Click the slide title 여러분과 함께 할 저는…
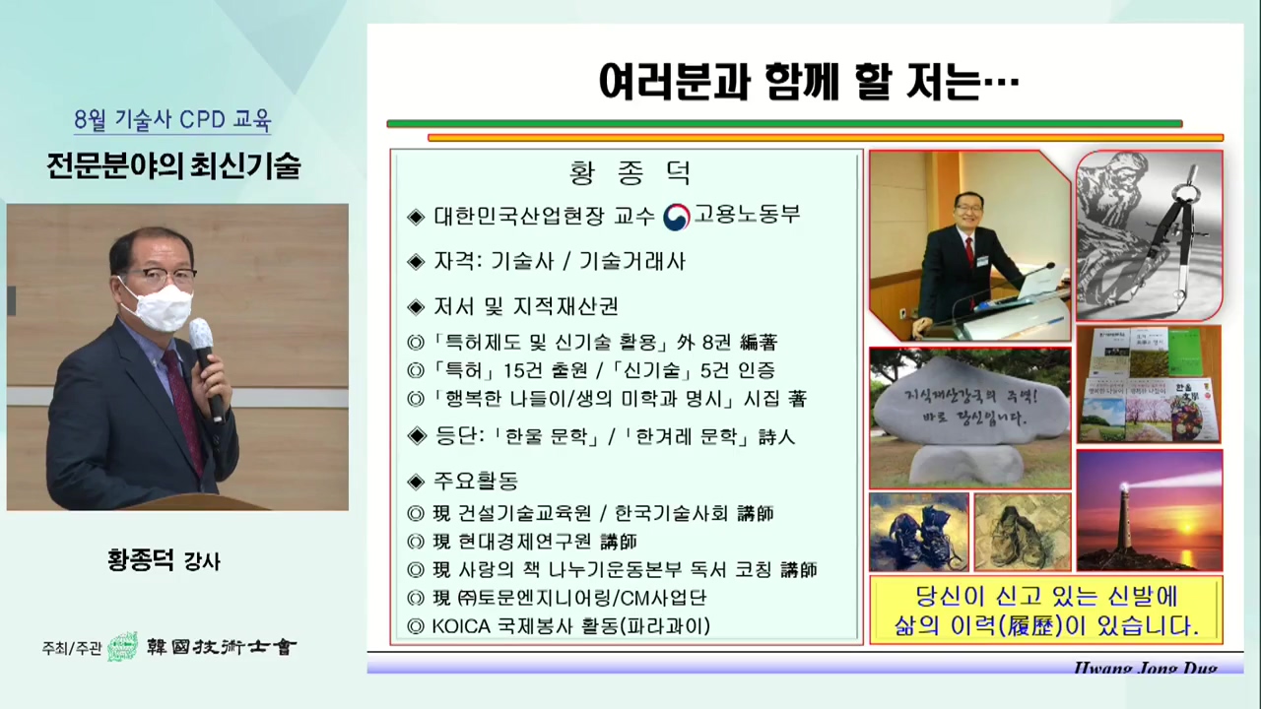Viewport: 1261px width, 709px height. pyautogui.click(x=808, y=83)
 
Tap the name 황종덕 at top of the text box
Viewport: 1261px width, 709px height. pyautogui.click(x=630, y=174)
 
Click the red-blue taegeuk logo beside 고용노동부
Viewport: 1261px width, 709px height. pyautogui.click(x=677, y=217)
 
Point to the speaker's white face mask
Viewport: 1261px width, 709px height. pyautogui.click(x=158, y=305)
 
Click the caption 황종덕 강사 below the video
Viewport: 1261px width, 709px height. pyautogui.click(x=164, y=561)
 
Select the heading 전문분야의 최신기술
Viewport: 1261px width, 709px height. pyautogui.click(x=173, y=165)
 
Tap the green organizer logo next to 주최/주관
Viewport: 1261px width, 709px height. pyautogui.click(x=122, y=647)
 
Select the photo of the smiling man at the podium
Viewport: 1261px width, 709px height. pyautogui.click(x=969, y=246)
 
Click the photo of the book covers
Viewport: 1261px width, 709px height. pyautogui.click(x=1149, y=385)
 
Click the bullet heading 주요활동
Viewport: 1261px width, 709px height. pyautogui.click(x=476, y=482)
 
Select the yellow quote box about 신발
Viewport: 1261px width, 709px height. pyautogui.click(x=1045, y=611)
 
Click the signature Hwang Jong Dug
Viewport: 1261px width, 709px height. pyautogui.click(x=1145, y=669)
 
